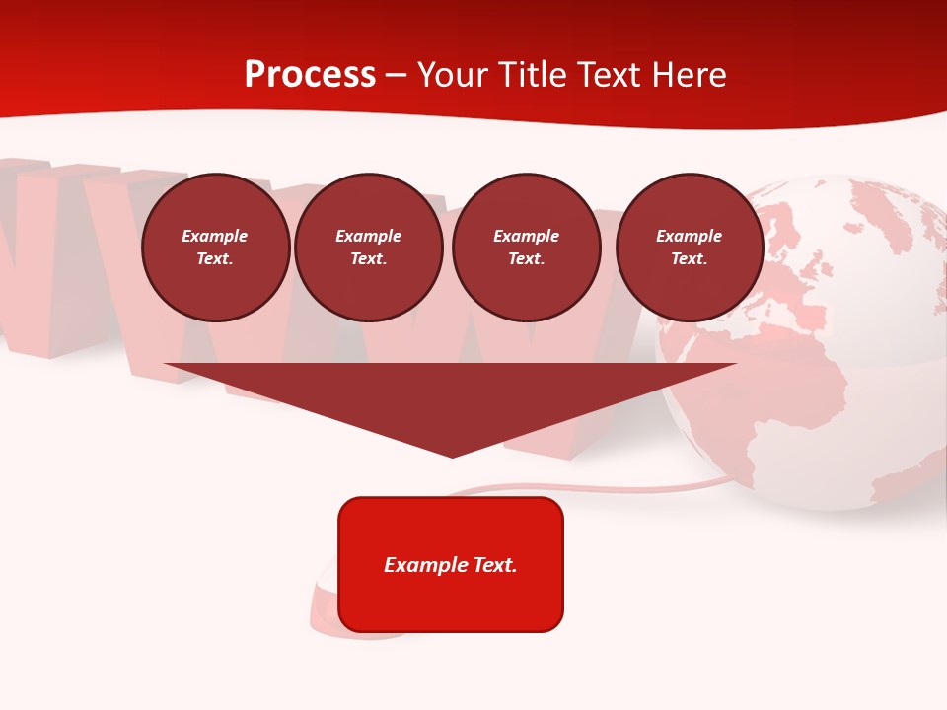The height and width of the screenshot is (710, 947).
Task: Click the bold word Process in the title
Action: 310,75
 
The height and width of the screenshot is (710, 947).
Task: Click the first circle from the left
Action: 215,248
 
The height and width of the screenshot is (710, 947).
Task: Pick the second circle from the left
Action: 368,248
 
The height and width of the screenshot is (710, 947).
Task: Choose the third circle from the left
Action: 526,248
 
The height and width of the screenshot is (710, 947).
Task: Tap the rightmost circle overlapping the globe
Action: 689,248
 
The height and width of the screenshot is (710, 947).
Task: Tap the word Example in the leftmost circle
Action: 215,236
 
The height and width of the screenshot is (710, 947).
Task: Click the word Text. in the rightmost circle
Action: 689,259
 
